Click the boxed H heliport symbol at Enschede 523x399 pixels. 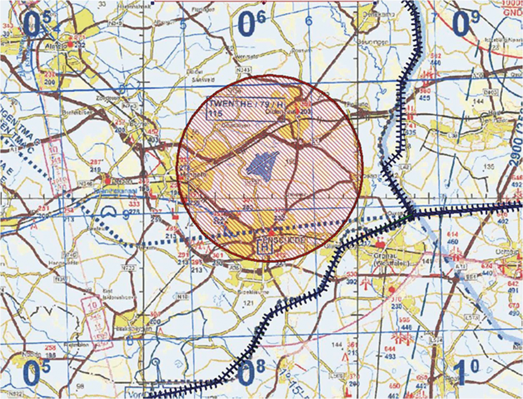coord(265,247)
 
